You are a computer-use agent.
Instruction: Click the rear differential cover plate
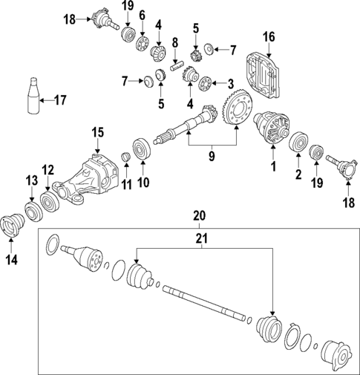268,71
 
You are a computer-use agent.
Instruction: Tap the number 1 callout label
272,169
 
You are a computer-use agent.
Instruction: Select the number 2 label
299,176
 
